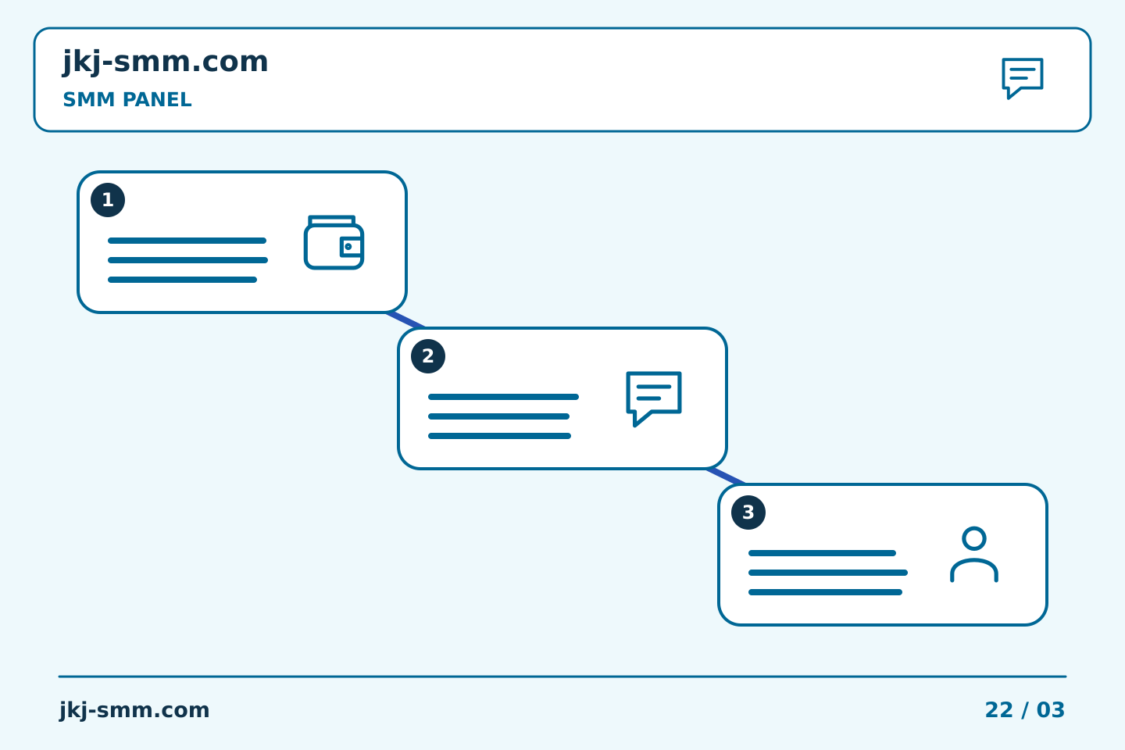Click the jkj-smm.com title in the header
tap(166, 62)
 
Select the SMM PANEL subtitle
tap(127, 99)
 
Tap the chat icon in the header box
tap(1022, 78)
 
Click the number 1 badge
tap(108, 200)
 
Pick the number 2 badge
tap(428, 356)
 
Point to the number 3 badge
tap(748, 512)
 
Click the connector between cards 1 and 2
tap(405, 320)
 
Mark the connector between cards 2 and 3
tap(727, 477)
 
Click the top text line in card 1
tap(187, 241)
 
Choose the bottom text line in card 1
tap(182, 280)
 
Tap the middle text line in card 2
tap(498, 416)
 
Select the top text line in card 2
tap(503, 397)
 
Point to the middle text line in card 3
tap(827, 573)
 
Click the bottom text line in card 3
tap(825, 592)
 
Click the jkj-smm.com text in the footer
tap(134, 710)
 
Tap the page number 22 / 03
tap(1024, 710)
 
